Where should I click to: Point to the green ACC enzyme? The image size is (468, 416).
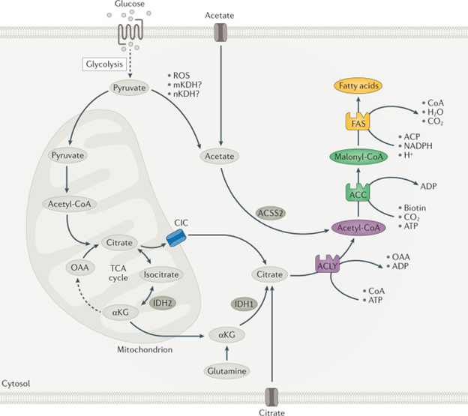356,193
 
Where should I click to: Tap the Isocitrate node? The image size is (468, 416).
161,275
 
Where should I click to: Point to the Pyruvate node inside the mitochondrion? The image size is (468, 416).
68,155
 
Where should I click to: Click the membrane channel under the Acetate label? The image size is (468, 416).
220,31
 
